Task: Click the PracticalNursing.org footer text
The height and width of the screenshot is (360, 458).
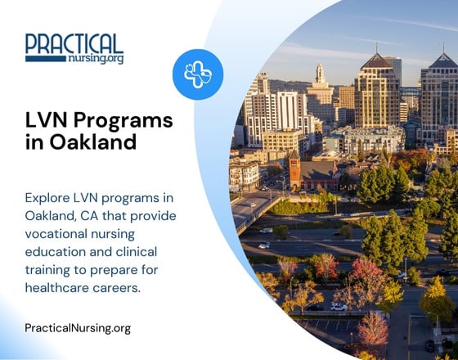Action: (x=78, y=329)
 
